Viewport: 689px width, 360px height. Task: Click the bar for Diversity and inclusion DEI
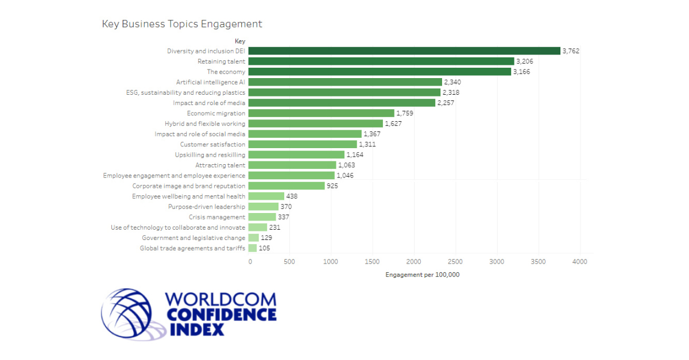pos(404,51)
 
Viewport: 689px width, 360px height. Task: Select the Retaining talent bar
pos(381,61)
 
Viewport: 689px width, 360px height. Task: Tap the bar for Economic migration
pos(322,113)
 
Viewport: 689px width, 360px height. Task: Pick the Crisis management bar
pos(262,217)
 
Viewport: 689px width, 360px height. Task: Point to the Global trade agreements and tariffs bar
pos(253,248)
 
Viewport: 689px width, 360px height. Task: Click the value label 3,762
pos(571,51)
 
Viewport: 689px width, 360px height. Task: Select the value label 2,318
pos(451,92)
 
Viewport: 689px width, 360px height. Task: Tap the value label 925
pos(332,186)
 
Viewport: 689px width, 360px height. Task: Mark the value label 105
pos(264,248)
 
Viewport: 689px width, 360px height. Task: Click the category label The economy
pos(226,72)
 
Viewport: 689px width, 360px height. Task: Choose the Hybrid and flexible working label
pos(205,123)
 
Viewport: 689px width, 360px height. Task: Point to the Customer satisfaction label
pos(212,144)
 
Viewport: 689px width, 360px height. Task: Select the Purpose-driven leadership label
pos(207,207)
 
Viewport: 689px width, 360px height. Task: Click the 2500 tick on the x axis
pos(455,262)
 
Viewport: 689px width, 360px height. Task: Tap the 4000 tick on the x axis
pos(580,262)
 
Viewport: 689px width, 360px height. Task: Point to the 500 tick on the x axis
pos(289,262)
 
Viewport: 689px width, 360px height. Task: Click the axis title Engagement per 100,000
pos(423,274)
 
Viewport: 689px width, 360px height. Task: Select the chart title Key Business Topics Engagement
pos(182,24)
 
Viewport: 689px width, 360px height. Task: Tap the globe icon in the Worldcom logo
pos(127,313)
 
